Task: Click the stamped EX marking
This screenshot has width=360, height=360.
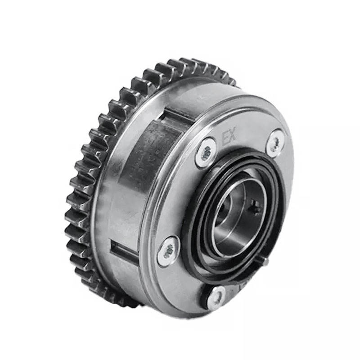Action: [229, 138]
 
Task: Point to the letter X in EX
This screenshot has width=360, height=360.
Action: [232, 137]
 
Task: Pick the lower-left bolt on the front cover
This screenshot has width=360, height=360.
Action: [169, 251]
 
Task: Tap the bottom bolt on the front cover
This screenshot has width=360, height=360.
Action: [217, 297]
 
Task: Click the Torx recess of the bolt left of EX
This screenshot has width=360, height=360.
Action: [207, 152]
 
